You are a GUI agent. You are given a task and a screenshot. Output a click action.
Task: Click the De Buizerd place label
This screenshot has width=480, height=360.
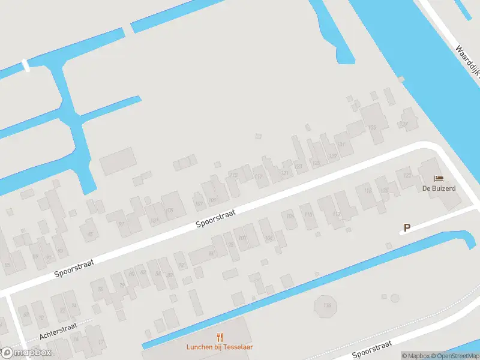[x=439, y=188]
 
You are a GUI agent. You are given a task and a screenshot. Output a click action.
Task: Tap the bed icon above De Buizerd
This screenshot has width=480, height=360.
[x=439, y=178]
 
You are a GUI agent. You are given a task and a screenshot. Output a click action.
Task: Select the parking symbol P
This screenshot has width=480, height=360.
[x=407, y=228]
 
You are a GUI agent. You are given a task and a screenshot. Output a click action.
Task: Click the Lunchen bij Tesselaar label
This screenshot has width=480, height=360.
[x=220, y=347]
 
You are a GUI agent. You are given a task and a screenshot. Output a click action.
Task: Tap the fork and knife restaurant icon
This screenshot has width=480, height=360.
[x=220, y=337]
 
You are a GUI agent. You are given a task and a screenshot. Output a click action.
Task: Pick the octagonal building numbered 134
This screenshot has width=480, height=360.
[x=326, y=306]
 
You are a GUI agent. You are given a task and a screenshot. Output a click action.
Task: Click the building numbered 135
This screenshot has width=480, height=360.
[x=372, y=127]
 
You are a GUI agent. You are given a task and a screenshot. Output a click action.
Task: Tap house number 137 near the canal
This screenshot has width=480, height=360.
[x=404, y=124]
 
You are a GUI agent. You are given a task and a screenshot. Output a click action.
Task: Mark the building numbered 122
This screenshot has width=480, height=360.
[x=407, y=175]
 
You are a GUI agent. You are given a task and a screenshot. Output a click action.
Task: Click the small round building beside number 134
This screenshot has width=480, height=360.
[x=394, y=298]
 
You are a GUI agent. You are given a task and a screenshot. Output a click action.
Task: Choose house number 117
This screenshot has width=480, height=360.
[x=259, y=176]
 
